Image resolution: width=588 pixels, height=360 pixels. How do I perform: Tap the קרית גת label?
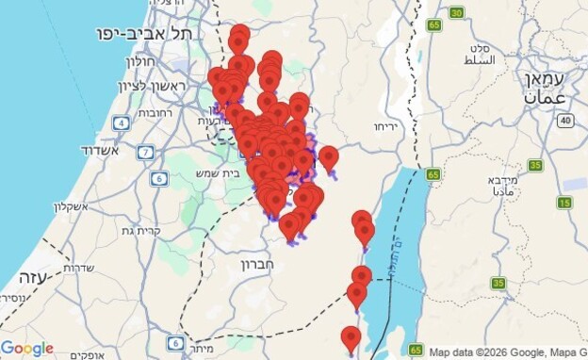pos(117,231)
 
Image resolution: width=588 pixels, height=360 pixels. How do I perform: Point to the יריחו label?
pos(386,125)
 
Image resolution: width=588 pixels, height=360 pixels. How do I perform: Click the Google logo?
pos(26,349)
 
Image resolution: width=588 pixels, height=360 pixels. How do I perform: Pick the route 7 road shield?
pos(145,152)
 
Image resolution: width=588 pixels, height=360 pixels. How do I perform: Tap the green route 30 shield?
pos(456,12)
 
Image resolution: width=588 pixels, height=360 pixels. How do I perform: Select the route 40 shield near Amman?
pos(564,120)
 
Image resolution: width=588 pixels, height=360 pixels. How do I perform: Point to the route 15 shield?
pos(564,203)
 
